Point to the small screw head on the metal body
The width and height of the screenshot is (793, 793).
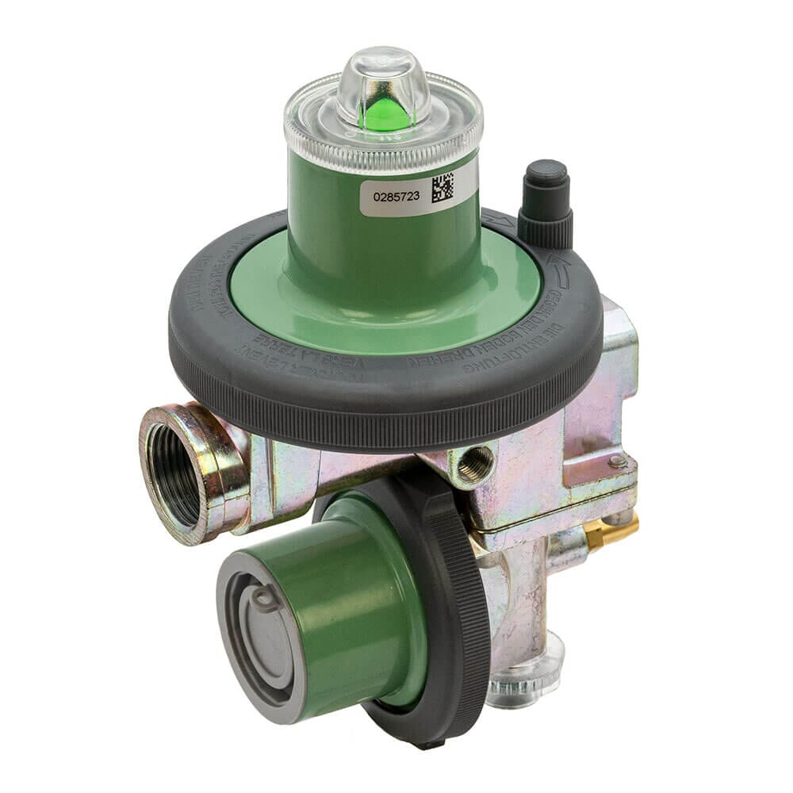[616, 460]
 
